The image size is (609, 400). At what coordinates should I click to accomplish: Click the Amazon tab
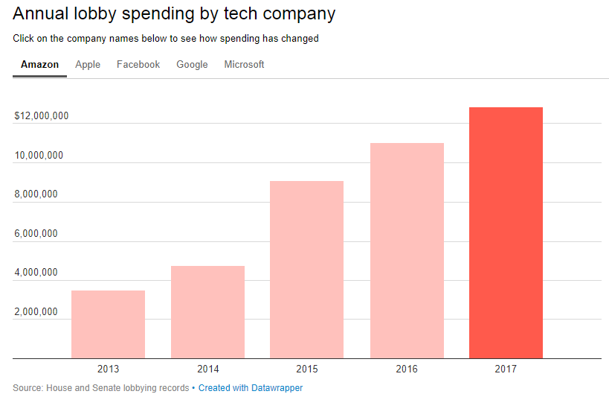(x=39, y=65)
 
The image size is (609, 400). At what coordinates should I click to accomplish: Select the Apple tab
(x=88, y=65)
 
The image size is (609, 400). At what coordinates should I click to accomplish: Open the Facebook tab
(x=138, y=65)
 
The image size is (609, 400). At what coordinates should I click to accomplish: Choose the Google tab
(x=192, y=65)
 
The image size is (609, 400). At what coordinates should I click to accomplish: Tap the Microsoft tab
(x=244, y=65)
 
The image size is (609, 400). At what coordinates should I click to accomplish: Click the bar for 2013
(x=108, y=325)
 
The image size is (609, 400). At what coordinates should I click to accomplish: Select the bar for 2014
(x=207, y=312)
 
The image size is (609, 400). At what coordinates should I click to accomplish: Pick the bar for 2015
(x=306, y=270)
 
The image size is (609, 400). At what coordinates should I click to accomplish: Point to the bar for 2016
(x=407, y=250)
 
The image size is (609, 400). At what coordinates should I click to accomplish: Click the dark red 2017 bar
(x=506, y=232)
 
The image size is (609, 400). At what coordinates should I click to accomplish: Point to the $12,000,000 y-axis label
(x=42, y=116)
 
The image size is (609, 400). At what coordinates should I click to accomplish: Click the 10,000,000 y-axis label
(x=39, y=156)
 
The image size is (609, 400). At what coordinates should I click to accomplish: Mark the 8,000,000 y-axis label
(x=36, y=194)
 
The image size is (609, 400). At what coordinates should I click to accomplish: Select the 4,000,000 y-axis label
(x=36, y=273)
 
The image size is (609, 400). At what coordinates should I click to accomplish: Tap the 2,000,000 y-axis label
(x=36, y=312)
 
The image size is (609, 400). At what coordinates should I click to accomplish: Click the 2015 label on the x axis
(x=306, y=369)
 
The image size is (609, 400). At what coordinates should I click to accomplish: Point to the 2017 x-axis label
(x=506, y=369)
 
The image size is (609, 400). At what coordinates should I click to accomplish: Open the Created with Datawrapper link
(x=251, y=388)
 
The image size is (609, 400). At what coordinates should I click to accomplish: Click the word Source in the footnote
(x=27, y=388)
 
